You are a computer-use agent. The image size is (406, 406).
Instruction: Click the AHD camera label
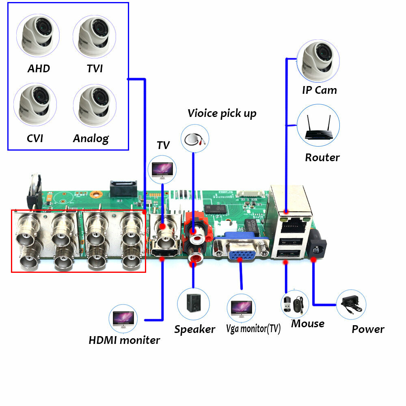point(39,68)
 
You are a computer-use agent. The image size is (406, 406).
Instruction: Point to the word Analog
point(91,138)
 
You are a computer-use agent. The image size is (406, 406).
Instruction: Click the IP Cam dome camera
point(318,61)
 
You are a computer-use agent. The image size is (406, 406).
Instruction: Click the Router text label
point(322,157)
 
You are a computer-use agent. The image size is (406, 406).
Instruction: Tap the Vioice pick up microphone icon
point(194,138)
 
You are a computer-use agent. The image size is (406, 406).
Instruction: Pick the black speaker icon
point(193,303)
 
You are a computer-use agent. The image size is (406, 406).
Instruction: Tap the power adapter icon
point(351,304)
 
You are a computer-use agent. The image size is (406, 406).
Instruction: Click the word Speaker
point(194,329)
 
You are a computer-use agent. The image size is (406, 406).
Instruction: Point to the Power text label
point(368,329)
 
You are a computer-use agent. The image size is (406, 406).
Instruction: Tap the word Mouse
point(307,324)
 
